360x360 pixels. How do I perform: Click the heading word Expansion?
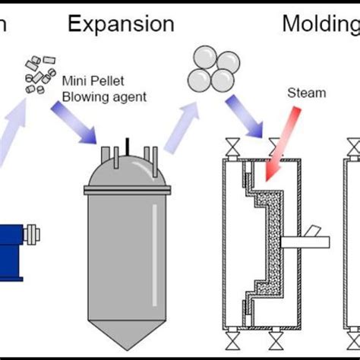tap(121, 24)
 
